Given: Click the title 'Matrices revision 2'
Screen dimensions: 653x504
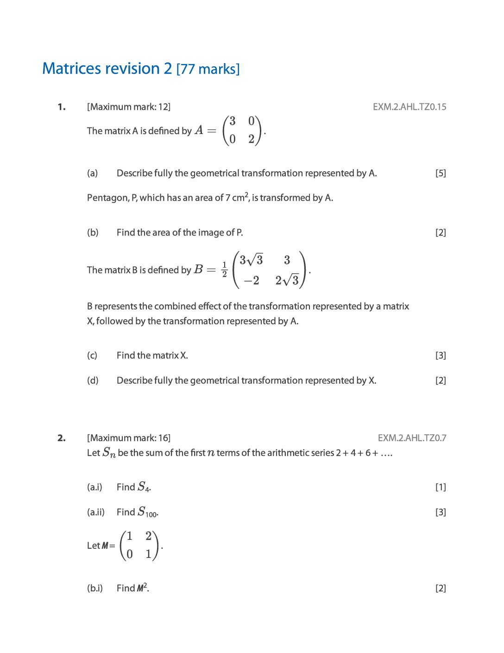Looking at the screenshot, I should coord(107,69).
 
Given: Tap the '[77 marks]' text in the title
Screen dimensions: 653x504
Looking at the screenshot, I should coord(208,69).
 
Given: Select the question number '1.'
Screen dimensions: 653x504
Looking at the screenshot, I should coord(62,107).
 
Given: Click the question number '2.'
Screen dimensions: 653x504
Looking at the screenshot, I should coord(62,438).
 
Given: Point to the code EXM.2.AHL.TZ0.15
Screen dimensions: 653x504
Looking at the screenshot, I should coord(409,107).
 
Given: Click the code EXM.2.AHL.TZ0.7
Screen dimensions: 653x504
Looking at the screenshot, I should coord(412,438).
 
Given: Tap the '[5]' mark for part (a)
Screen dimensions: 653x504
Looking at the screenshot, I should coord(440,173).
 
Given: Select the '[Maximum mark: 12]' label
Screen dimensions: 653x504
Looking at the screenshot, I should coord(129,107).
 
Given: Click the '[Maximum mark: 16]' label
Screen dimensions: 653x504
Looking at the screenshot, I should coord(129,438).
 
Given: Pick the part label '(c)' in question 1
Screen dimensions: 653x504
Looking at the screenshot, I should coord(92,356).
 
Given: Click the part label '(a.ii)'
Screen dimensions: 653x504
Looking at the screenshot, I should coord(96,512).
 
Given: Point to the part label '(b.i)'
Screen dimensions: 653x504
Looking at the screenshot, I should coord(95,589).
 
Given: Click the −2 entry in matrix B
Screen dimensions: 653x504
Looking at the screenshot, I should coord(252,281).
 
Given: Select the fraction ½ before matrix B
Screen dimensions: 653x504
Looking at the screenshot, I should coord(225,269).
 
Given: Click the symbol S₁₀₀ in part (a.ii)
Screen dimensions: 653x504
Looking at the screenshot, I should coord(148,512).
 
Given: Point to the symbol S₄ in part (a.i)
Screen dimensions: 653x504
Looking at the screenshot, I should coord(144,487).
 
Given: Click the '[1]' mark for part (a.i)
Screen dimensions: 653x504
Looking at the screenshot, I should coord(440,487).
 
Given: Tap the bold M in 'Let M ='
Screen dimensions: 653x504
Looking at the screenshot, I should coord(105,546).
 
